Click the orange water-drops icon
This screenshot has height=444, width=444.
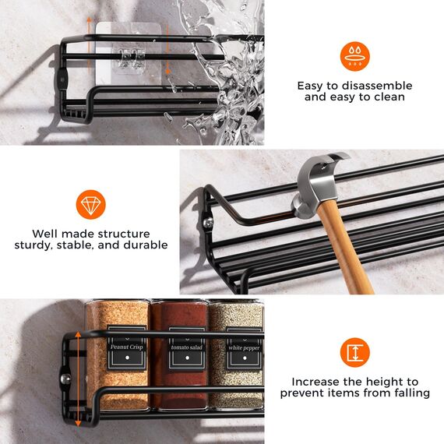coord(354,56)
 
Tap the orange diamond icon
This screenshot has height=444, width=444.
coord(91,204)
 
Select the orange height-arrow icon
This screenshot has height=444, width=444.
coord(354,352)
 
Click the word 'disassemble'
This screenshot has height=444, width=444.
coord(377,86)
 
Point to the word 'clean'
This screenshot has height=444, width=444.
coord(389,97)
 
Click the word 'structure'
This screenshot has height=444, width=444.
coord(124,234)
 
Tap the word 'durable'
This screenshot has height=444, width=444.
coord(146,245)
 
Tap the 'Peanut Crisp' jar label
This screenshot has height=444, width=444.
coord(126,348)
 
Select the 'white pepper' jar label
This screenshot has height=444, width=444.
coord(244,349)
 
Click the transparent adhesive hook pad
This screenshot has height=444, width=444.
coord(129,54)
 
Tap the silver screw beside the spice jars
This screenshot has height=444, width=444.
coord(65,379)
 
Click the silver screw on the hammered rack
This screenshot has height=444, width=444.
coord(209,222)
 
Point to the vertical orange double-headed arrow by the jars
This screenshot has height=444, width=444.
coord(78,379)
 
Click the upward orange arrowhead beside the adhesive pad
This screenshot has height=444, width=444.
coord(89,20)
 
